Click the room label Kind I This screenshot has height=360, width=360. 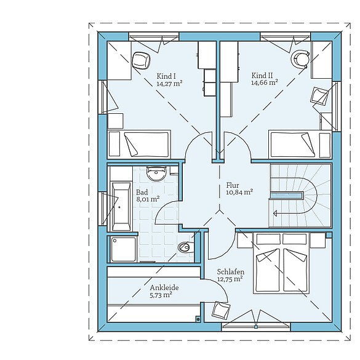166,76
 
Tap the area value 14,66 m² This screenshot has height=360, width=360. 264,82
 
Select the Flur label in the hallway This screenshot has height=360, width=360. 232,185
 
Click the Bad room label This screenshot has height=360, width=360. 142,191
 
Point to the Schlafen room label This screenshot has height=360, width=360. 231,271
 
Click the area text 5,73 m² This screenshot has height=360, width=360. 161,295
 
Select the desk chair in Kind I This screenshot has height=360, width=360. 142,61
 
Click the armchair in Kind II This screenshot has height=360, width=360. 320,97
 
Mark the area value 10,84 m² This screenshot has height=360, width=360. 239,192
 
